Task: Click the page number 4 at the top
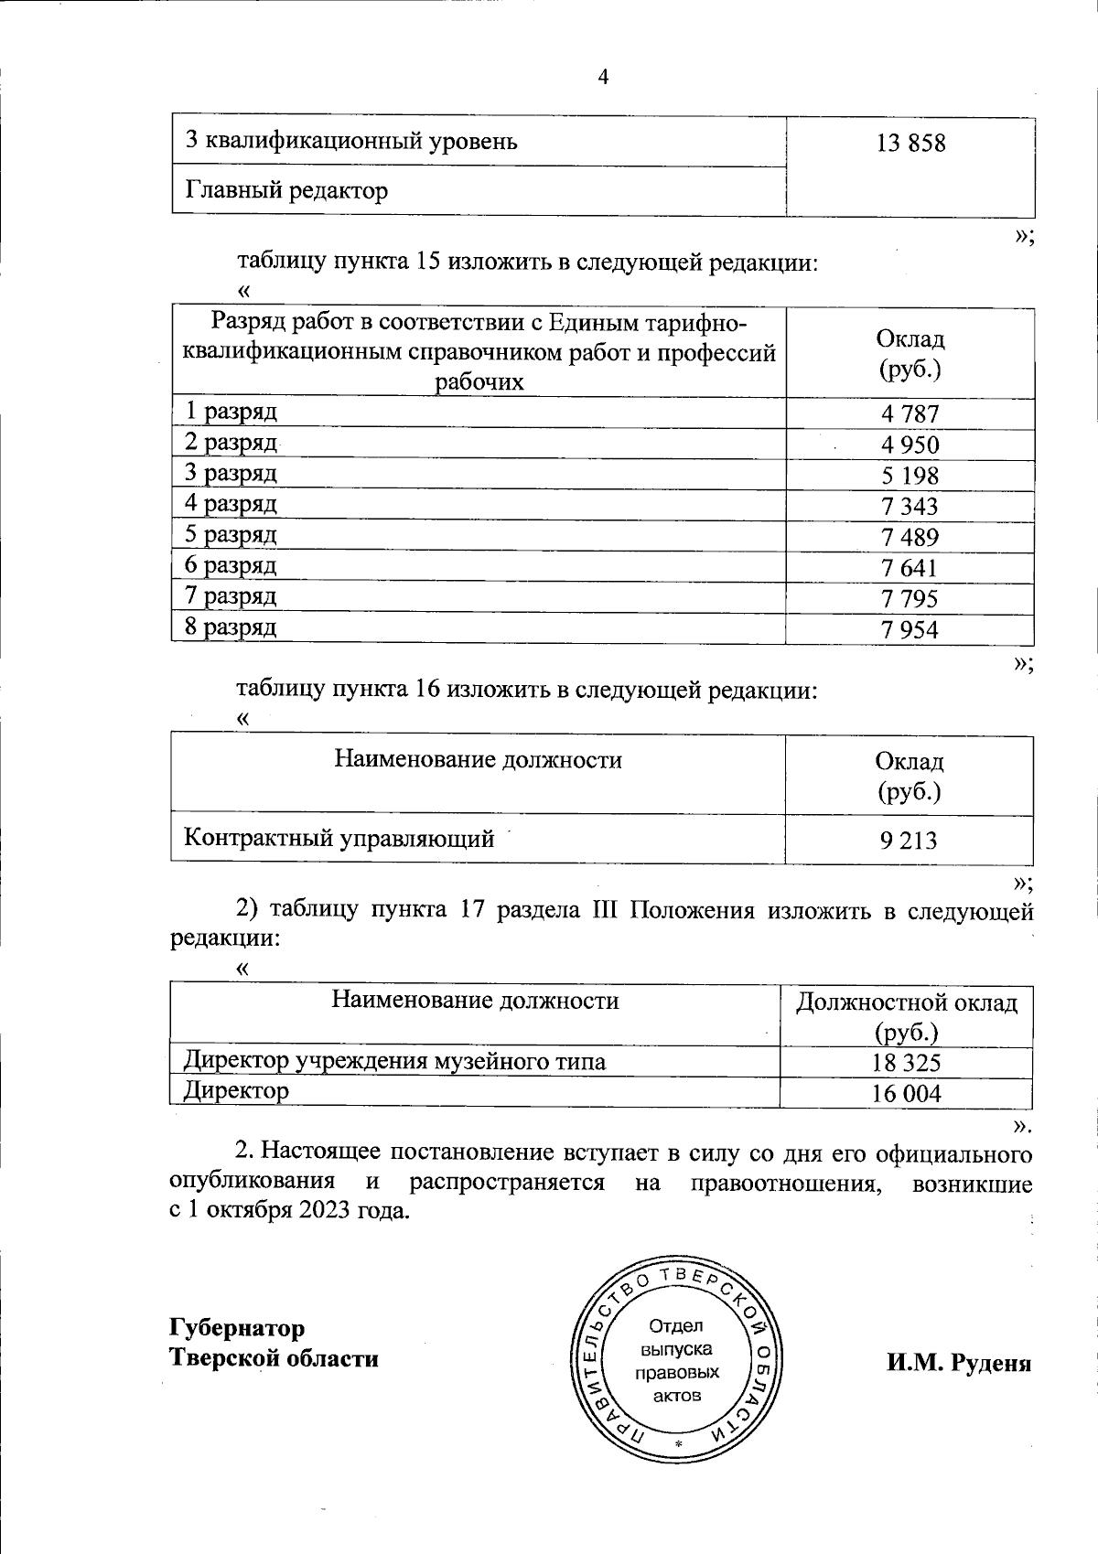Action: coord(603,78)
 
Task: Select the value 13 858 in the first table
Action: coord(910,143)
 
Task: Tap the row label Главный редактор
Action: coord(287,190)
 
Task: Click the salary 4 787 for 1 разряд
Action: coord(910,414)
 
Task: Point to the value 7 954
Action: coord(910,629)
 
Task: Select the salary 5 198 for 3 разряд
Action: coord(910,476)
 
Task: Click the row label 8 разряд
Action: coord(231,627)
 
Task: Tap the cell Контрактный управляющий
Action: coord(339,838)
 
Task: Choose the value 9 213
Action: coord(909,841)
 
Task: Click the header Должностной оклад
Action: coord(907,1002)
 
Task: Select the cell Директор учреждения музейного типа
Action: coord(394,1061)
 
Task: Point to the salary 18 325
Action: coord(907,1063)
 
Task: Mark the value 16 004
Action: coord(907,1094)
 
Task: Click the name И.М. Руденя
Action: coord(958,1363)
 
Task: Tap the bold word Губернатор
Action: coord(237,1327)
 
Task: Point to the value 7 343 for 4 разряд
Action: coord(910,507)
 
